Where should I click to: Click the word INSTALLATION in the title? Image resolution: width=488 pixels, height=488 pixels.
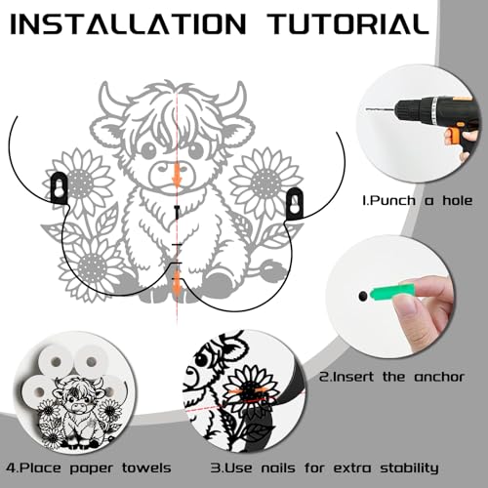tap(128, 24)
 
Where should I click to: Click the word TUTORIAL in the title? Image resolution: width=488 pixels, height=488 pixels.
tap(349, 24)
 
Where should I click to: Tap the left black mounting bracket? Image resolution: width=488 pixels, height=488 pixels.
tap(60, 187)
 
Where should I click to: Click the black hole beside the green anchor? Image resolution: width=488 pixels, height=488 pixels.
tap(362, 296)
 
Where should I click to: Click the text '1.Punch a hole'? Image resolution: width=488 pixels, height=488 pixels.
tap(418, 200)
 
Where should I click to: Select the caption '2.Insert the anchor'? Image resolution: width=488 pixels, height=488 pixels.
tap(391, 377)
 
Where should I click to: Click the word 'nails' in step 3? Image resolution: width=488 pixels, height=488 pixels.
tap(278, 468)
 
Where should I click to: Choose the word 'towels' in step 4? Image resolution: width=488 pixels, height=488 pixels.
tap(146, 468)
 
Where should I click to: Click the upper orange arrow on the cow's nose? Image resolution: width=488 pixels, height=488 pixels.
tap(177, 175)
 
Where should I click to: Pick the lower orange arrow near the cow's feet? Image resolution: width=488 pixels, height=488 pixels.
tap(176, 282)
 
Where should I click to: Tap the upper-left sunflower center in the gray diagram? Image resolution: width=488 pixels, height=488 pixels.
tap(79, 183)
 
